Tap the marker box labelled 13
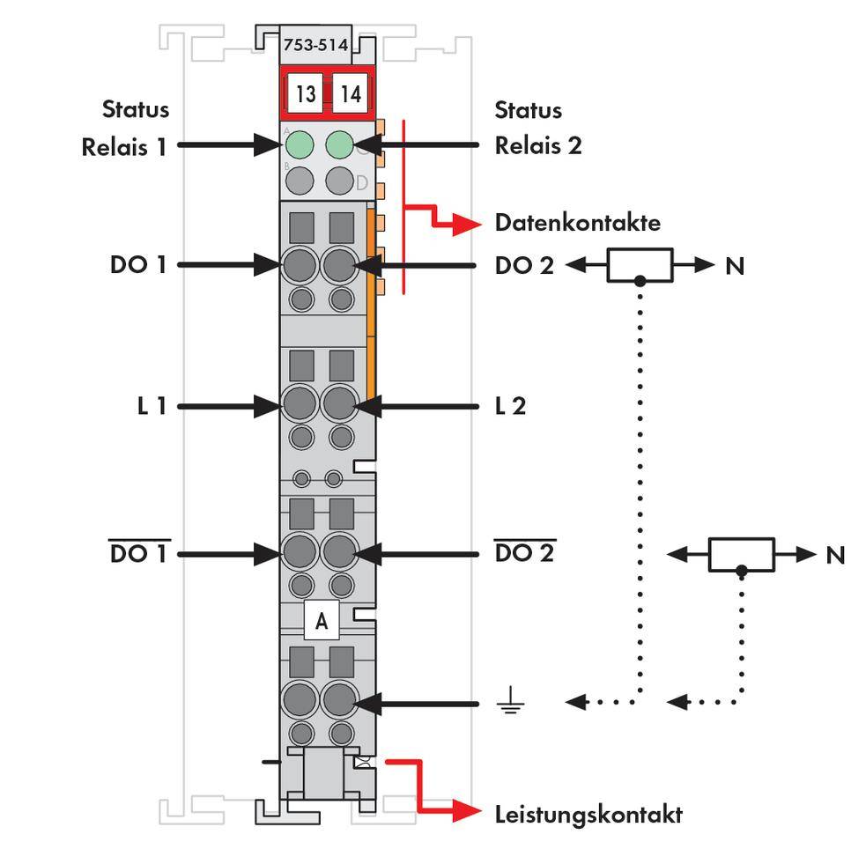click(x=305, y=93)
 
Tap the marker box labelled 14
click(x=351, y=93)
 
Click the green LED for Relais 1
click(x=301, y=144)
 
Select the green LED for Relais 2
click(x=340, y=144)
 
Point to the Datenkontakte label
click(x=577, y=223)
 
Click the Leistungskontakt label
click(x=588, y=814)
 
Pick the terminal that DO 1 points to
click(x=300, y=263)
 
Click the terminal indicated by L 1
click(x=300, y=405)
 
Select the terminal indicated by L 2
click(x=339, y=405)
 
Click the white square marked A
click(x=322, y=622)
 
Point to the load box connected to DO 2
click(x=640, y=264)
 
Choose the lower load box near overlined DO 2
click(x=742, y=554)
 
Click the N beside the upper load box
click(x=735, y=264)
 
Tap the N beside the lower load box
click(x=835, y=555)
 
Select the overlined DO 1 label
click(x=138, y=555)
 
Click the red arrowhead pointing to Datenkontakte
click(x=468, y=225)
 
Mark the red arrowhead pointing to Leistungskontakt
click(x=468, y=812)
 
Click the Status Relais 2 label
click(x=537, y=128)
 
